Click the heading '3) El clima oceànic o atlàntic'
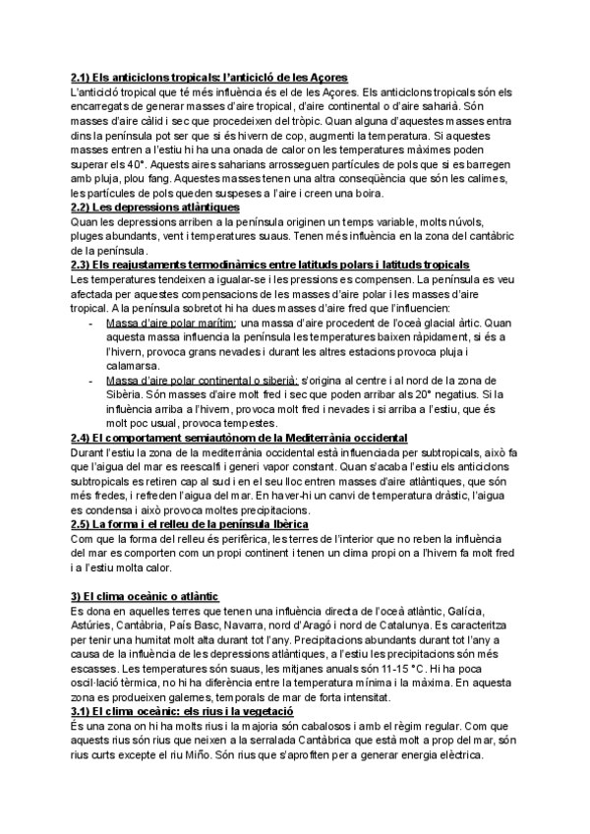pos(145,597)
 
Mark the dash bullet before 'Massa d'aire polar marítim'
pos(92,323)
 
